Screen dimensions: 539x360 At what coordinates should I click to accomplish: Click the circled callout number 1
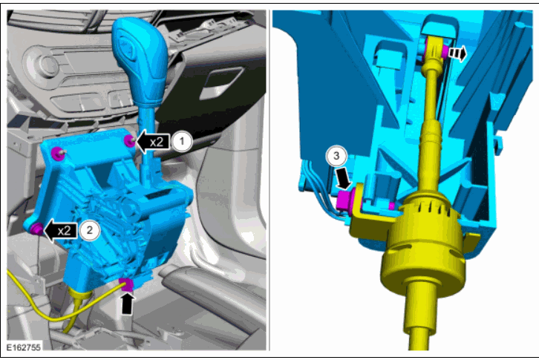[182, 141]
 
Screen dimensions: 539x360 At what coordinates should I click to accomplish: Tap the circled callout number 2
[90, 230]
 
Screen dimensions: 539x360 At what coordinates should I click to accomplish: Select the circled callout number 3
[336, 156]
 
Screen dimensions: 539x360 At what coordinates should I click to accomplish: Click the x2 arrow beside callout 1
[154, 141]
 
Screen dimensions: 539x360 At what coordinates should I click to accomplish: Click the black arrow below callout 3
[344, 179]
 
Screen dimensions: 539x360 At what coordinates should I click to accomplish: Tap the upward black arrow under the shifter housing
[127, 303]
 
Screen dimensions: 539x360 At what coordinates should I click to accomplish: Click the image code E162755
[23, 347]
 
